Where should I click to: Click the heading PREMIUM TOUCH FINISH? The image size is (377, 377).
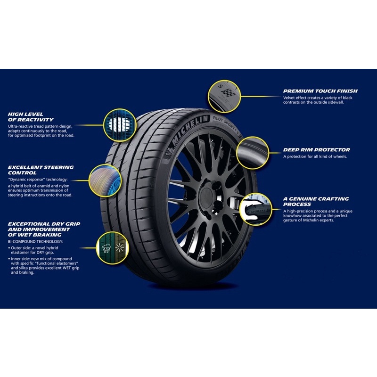click(x=320, y=91)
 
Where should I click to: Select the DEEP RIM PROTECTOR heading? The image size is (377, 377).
click(x=316, y=150)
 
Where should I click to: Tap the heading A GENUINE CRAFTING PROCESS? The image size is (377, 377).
click(x=316, y=202)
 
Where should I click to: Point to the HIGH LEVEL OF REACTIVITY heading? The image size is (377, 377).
click(x=31, y=117)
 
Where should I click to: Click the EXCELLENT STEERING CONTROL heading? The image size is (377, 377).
click(x=41, y=170)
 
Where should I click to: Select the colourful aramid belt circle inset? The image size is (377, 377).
click(x=105, y=180)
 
